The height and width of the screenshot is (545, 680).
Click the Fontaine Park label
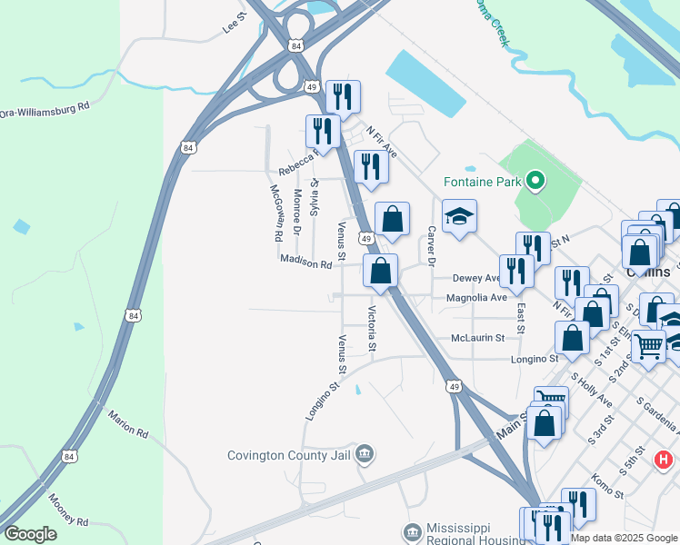[482, 182]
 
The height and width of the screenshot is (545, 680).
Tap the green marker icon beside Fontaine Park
[535, 182]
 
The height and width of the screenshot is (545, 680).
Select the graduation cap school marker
[459, 216]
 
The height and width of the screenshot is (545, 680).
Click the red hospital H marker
[665, 460]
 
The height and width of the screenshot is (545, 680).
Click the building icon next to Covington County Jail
[365, 452]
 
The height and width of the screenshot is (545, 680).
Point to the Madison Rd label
[306, 261]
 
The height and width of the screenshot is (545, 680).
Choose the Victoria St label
[371, 328]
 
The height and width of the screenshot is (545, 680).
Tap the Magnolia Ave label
[475, 298]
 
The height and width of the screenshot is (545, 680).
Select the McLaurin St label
[477, 338]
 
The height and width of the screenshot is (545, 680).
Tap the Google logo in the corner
[31, 534]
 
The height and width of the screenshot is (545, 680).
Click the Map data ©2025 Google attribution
[624, 538]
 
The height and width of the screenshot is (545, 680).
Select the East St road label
[519, 319]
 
